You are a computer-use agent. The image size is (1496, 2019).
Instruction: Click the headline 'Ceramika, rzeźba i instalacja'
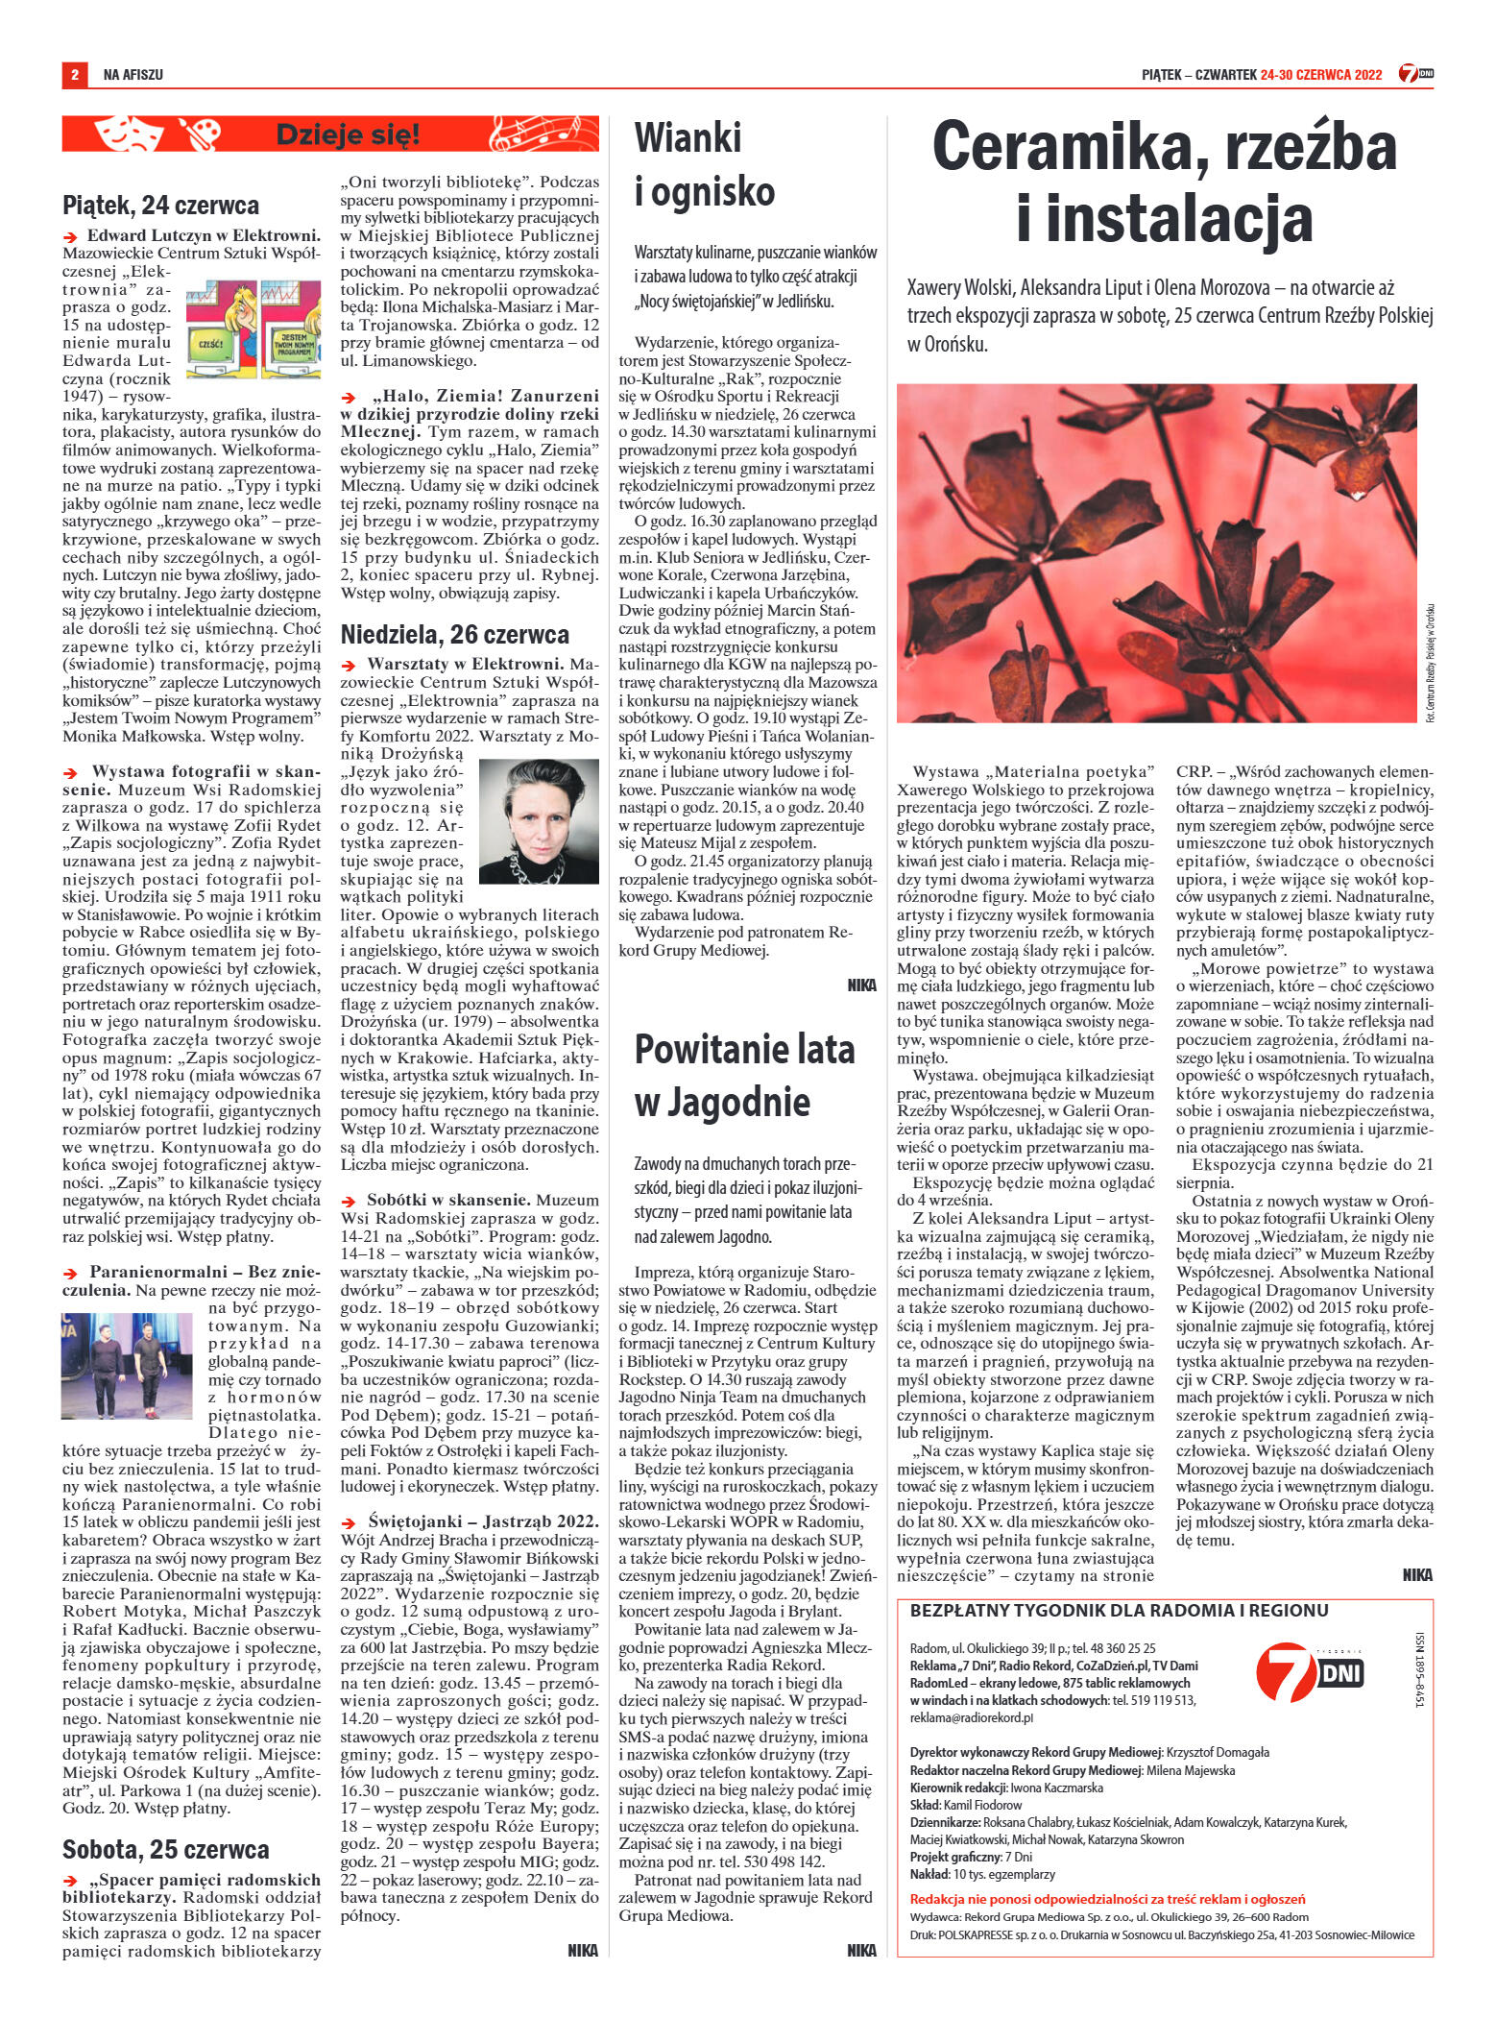tap(1164, 183)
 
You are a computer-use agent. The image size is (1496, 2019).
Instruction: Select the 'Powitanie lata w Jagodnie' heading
tap(742, 1075)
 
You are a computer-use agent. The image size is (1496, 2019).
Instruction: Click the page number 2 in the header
tap(73, 74)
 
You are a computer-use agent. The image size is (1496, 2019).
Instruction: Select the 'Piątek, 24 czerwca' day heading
tap(160, 205)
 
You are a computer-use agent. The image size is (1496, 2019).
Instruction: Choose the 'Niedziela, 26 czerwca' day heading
tap(455, 634)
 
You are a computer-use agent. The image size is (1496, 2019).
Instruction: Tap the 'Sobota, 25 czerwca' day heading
tap(166, 1849)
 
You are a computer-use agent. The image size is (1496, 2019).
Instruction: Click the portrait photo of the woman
tap(538, 823)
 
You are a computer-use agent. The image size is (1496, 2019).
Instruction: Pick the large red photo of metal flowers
tap(1156, 552)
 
